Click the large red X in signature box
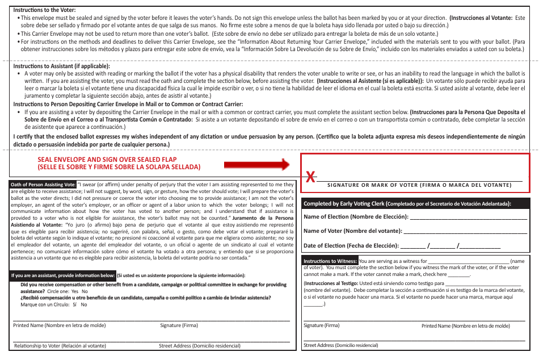310,177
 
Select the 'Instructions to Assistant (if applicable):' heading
61,66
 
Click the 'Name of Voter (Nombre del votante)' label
352,231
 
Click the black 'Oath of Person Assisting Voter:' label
44,185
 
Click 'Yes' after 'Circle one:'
75,291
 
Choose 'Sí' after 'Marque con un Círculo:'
74,304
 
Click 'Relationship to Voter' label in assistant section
59,345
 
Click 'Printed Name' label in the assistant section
59,325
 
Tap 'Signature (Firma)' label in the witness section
321,325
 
